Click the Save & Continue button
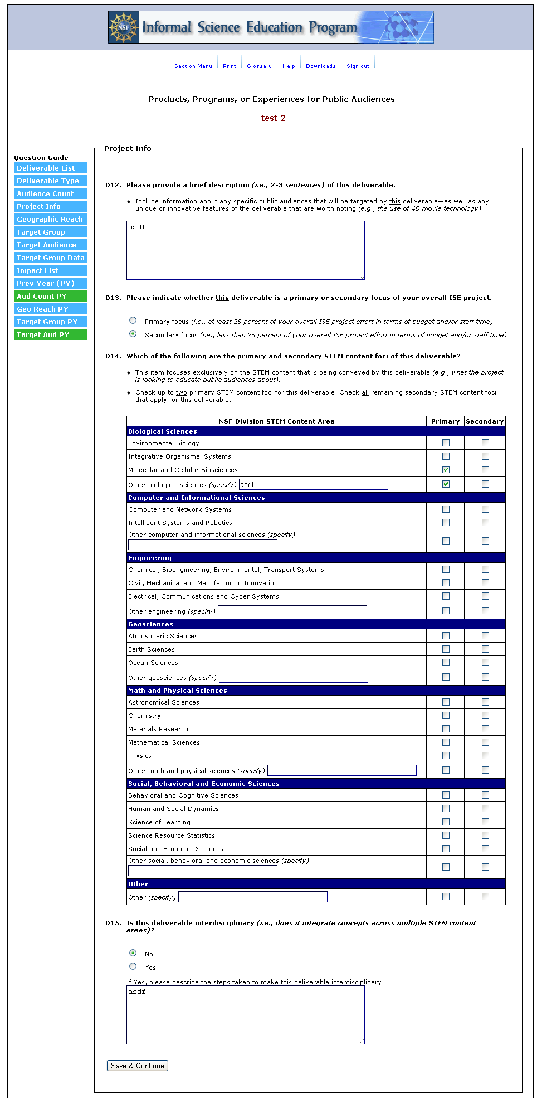(x=138, y=1066)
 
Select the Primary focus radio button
(x=133, y=320)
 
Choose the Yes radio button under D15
(x=133, y=966)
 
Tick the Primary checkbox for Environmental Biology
(x=446, y=443)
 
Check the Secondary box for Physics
(x=485, y=756)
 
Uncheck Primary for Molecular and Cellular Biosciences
(x=446, y=470)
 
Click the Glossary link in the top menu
(x=259, y=66)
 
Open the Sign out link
(x=358, y=66)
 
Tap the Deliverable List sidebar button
(x=50, y=168)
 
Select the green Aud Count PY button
(x=50, y=297)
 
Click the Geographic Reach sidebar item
(x=50, y=220)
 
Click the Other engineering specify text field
(x=292, y=611)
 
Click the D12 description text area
(x=245, y=250)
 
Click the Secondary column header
(x=485, y=421)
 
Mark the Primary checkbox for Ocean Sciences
(x=446, y=663)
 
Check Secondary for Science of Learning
(x=485, y=822)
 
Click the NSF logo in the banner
(x=123, y=27)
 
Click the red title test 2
(x=273, y=118)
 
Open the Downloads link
(x=320, y=66)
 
